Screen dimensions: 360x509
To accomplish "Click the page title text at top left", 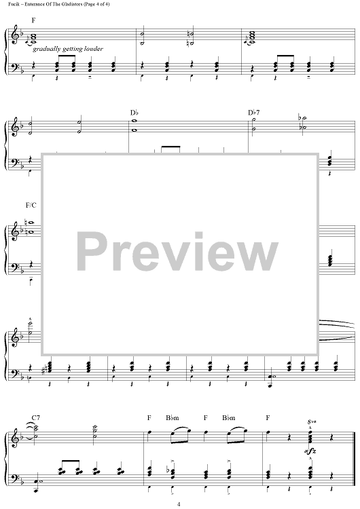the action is pyautogui.click(x=59, y=4).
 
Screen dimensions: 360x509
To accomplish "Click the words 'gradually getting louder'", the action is pyautogui.click(x=68, y=49).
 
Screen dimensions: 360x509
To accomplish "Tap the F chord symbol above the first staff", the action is pyautogui.click(x=33, y=20).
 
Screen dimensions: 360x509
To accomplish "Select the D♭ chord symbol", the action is pyautogui.click(x=134, y=113).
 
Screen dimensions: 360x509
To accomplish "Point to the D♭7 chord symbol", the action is pyautogui.click(x=254, y=113).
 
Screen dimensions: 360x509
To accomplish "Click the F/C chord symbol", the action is pyautogui.click(x=31, y=205).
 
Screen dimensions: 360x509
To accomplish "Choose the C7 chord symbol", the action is pyautogui.click(x=36, y=418).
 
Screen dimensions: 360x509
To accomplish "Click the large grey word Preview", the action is pyautogui.click(x=177, y=252).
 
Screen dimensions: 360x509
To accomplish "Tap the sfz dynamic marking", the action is pyautogui.click(x=310, y=451).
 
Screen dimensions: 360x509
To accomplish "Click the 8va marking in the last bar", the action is pyautogui.click(x=312, y=422).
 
